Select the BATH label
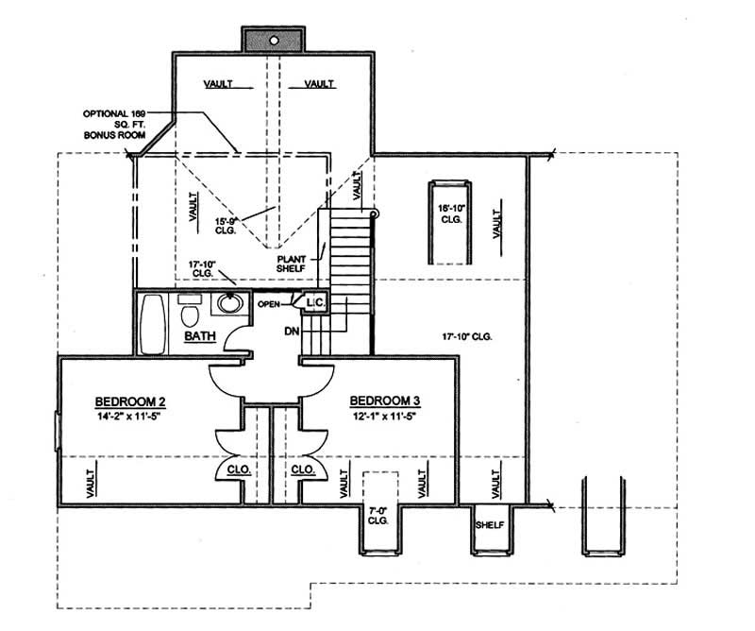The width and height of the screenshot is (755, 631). coord(201,335)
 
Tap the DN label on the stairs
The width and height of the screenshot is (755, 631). coord(293,332)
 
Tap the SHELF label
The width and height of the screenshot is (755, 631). coord(488,525)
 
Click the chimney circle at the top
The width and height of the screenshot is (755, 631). coord(274,41)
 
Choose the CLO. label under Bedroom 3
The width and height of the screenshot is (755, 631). coord(302,469)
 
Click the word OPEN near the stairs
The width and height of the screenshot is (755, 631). coord(270,305)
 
